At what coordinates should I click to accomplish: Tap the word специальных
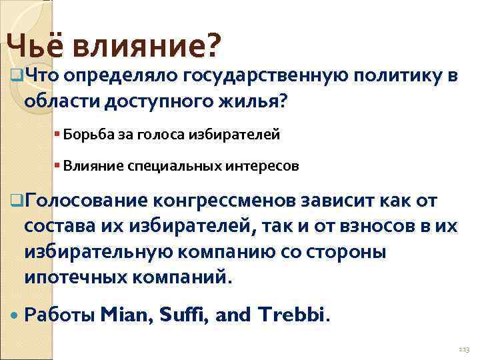[x=172, y=165]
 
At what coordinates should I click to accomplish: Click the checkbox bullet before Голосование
[x=17, y=199]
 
